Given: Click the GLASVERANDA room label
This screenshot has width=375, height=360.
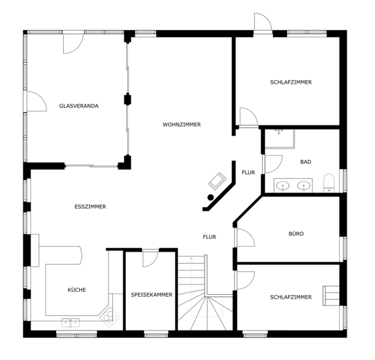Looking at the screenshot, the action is point(79,106).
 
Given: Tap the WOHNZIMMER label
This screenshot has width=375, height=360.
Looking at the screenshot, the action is point(182,125).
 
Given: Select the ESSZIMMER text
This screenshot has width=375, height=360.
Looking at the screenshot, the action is point(90,207).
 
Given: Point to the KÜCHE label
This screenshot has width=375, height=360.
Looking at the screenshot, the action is point(77,290).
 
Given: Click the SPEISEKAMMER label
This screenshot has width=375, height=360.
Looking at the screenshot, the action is point(152,295).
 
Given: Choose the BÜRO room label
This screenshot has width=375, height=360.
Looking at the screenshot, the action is point(296,234).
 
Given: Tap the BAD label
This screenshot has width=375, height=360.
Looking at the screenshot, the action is point(306,162).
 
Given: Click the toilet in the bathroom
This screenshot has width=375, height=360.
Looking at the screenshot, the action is point(329,183).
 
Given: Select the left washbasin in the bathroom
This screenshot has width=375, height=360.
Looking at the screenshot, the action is point(283,186).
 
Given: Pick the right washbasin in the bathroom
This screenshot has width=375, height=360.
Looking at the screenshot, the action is point(304,186).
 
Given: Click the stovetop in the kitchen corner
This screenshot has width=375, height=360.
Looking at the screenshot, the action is point(110,317).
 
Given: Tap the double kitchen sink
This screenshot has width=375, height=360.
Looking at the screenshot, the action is point(71,323).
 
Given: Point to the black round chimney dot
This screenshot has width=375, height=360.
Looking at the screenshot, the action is point(210,197).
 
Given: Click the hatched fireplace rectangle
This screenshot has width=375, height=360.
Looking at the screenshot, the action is point(217,181).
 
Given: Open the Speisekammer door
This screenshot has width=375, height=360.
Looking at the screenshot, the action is point(151,258).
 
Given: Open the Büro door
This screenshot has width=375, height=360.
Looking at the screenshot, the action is point(244,237).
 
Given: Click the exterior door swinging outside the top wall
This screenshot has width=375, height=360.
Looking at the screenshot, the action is point(263,22).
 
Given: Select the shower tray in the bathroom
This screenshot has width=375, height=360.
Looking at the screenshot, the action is point(280,139).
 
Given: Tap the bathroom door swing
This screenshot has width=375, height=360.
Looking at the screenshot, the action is point(272,164).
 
